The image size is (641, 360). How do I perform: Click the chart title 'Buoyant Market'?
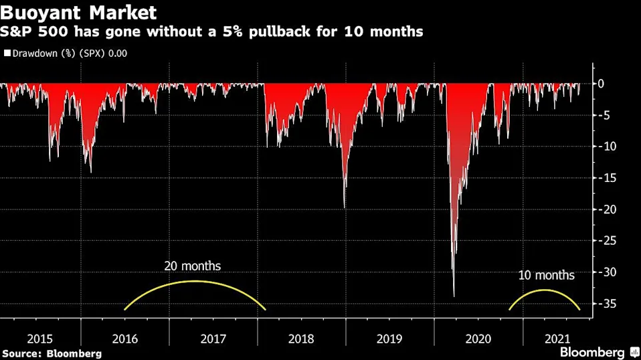pyautogui.click(x=79, y=12)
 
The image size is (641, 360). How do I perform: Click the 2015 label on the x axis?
pyautogui.click(x=37, y=339)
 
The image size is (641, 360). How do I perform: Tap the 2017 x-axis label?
pyautogui.click(x=213, y=339)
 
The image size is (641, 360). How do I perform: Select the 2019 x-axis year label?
pyautogui.click(x=390, y=339)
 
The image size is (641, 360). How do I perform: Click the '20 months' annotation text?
pyautogui.click(x=192, y=266)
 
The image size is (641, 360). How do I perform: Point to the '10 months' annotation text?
pyautogui.click(x=546, y=275)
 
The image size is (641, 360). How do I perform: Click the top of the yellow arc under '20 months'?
pyautogui.click(x=195, y=281)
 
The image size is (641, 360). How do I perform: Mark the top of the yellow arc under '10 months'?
pyautogui.click(x=545, y=290)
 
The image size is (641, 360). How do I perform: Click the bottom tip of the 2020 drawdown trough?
pyautogui.click(x=454, y=296)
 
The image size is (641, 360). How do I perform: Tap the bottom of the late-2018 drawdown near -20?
pyautogui.click(x=345, y=208)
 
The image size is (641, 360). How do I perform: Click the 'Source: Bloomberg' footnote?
pyautogui.click(x=52, y=353)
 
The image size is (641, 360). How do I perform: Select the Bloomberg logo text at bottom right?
pyautogui.click(x=592, y=352)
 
